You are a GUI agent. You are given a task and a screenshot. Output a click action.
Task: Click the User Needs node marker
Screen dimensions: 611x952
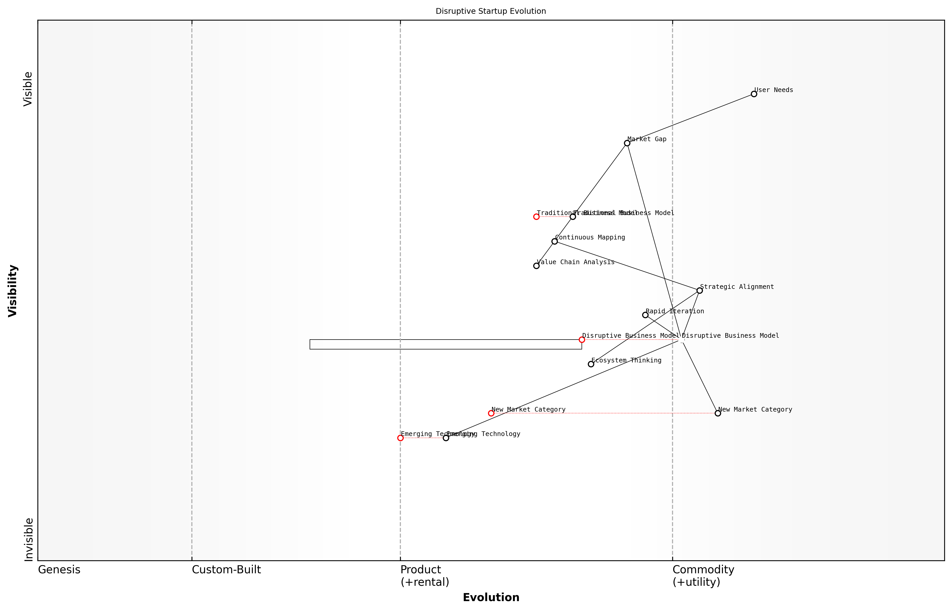coord(754,94)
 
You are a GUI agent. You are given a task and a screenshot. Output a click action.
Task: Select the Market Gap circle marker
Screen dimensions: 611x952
coord(627,143)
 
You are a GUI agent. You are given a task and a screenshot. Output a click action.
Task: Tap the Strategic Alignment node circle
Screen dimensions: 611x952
coord(699,290)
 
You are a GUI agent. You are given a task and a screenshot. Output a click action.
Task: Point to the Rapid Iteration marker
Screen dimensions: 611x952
coord(645,315)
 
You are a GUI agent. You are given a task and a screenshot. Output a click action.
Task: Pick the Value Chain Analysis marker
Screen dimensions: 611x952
coord(536,266)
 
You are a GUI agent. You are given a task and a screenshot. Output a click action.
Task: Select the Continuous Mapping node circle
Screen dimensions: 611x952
coord(555,241)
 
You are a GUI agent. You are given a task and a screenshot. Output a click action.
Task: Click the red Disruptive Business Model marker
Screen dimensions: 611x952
coord(582,340)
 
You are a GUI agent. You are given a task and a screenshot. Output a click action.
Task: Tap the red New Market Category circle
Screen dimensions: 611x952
coord(491,413)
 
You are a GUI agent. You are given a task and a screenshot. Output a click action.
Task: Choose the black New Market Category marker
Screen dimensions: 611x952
coord(718,413)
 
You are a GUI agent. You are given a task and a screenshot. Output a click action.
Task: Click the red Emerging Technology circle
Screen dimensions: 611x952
coord(400,438)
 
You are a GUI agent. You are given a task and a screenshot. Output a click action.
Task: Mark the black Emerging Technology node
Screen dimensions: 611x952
coord(446,438)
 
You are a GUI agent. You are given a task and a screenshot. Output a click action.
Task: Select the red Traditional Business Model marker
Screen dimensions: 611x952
coord(536,217)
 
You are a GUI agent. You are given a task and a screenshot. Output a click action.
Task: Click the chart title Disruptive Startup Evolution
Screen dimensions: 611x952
coord(491,11)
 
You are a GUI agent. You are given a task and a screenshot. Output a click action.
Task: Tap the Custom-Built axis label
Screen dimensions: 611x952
coord(226,570)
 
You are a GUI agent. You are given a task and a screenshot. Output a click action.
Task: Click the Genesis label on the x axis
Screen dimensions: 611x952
coord(59,570)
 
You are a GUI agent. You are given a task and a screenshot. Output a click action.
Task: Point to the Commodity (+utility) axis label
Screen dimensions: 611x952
coord(703,576)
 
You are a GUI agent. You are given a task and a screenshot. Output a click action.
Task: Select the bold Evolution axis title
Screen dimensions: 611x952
coord(491,597)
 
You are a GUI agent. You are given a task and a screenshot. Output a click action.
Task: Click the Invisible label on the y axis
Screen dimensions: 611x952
coord(29,539)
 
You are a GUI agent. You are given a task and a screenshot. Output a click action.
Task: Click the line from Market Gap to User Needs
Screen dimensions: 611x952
coord(690,119)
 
